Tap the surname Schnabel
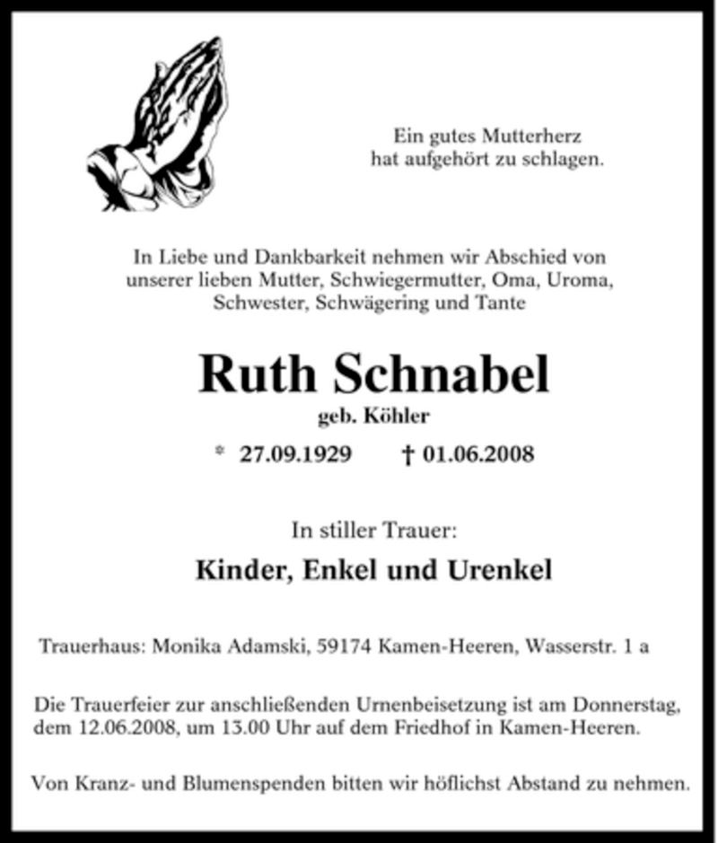[441, 374]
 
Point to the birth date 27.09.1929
[295, 454]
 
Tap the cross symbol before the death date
[408, 455]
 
